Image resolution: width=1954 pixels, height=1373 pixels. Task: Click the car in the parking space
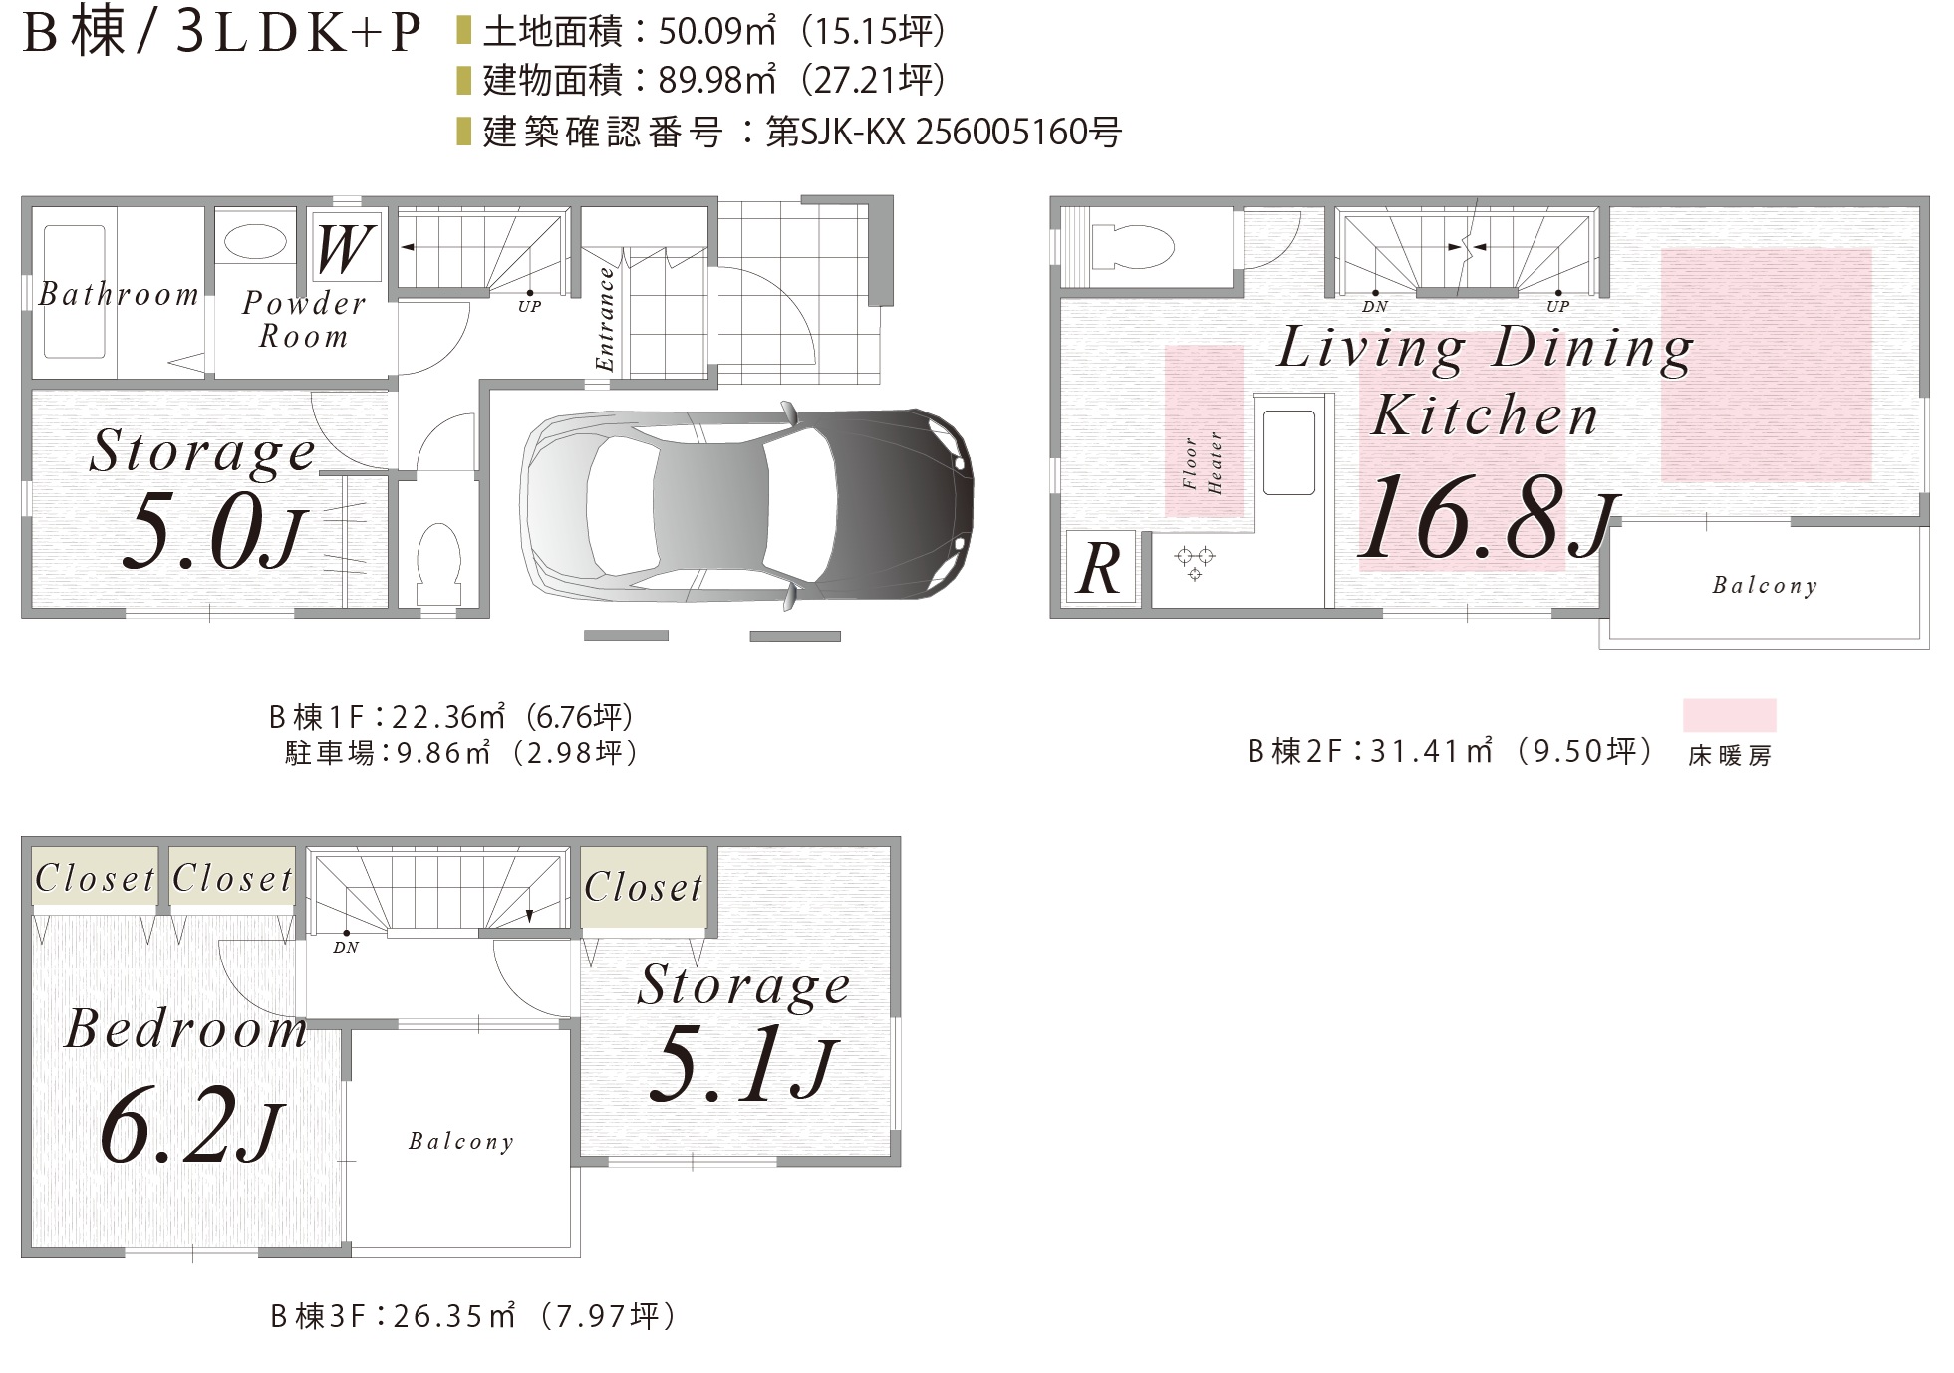[x=746, y=505]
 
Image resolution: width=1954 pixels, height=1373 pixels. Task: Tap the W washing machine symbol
[x=346, y=247]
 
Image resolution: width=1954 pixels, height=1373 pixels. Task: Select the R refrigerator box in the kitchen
[x=1100, y=568]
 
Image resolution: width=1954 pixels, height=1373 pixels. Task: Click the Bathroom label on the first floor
[x=119, y=294]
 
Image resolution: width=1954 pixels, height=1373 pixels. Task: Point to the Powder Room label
[x=304, y=319]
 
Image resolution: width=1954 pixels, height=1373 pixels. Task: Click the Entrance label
[x=604, y=319]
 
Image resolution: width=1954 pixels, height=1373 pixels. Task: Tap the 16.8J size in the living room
[x=1488, y=517]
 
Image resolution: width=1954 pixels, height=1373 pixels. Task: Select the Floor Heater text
[x=1203, y=462]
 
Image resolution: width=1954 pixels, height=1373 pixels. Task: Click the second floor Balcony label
[x=1765, y=586]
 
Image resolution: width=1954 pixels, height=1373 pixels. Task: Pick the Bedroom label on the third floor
[x=186, y=1028]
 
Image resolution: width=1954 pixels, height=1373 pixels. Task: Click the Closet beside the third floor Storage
[x=644, y=887]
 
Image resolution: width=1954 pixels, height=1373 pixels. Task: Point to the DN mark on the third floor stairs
[x=346, y=947]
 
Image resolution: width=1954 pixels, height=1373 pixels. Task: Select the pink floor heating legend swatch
[x=1729, y=716]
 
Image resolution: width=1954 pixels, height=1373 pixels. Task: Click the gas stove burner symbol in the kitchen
[x=1195, y=562]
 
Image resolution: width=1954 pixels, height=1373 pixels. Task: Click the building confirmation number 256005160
[x=1008, y=132]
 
